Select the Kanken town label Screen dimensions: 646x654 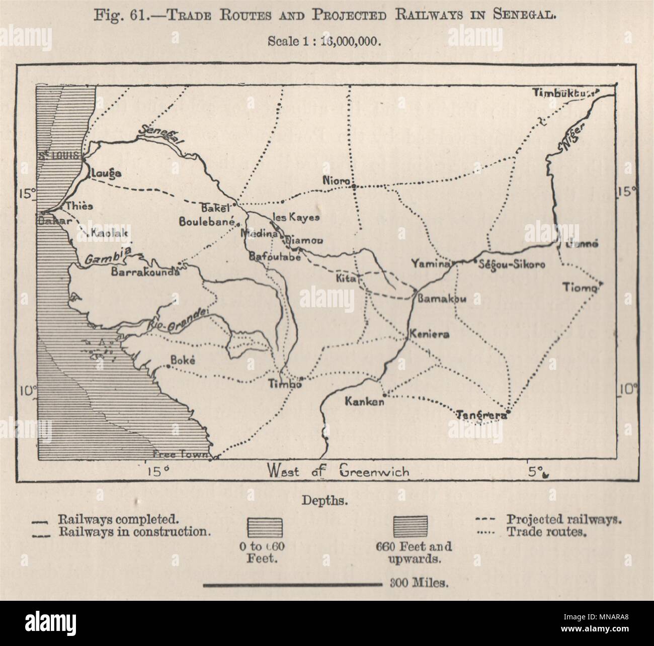(x=364, y=402)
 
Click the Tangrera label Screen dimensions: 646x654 (x=480, y=415)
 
